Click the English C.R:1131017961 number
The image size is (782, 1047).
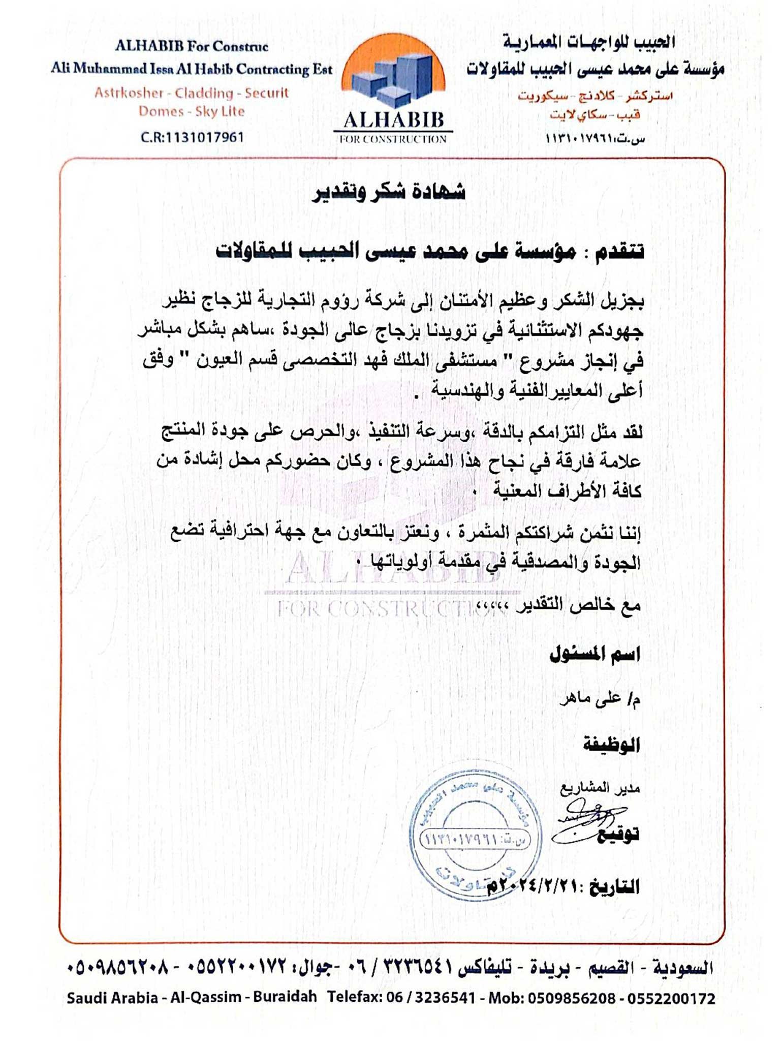point(192,137)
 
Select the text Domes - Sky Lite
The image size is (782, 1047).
point(192,111)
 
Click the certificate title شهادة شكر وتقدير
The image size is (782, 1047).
point(389,193)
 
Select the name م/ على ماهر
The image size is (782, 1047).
point(600,700)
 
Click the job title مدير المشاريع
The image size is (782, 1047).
point(600,788)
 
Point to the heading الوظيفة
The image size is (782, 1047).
point(611,745)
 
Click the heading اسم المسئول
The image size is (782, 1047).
point(595,655)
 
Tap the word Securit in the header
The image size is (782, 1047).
point(266,94)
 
